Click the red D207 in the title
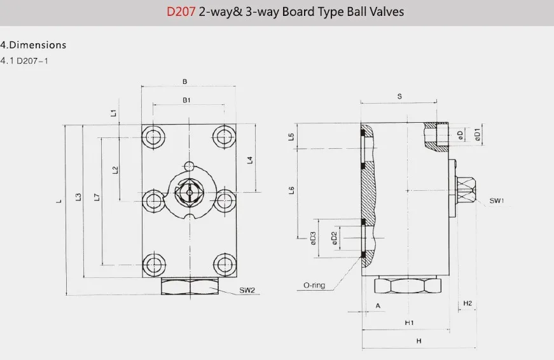[181, 11]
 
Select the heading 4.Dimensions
[33, 45]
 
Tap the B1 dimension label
[186, 100]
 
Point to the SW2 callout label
[247, 291]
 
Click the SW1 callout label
[496, 201]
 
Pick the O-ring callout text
[314, 286]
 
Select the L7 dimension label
[97, 197]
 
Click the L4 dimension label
[250, 160]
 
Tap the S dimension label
[399, 97]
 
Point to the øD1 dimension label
[477, 135]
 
